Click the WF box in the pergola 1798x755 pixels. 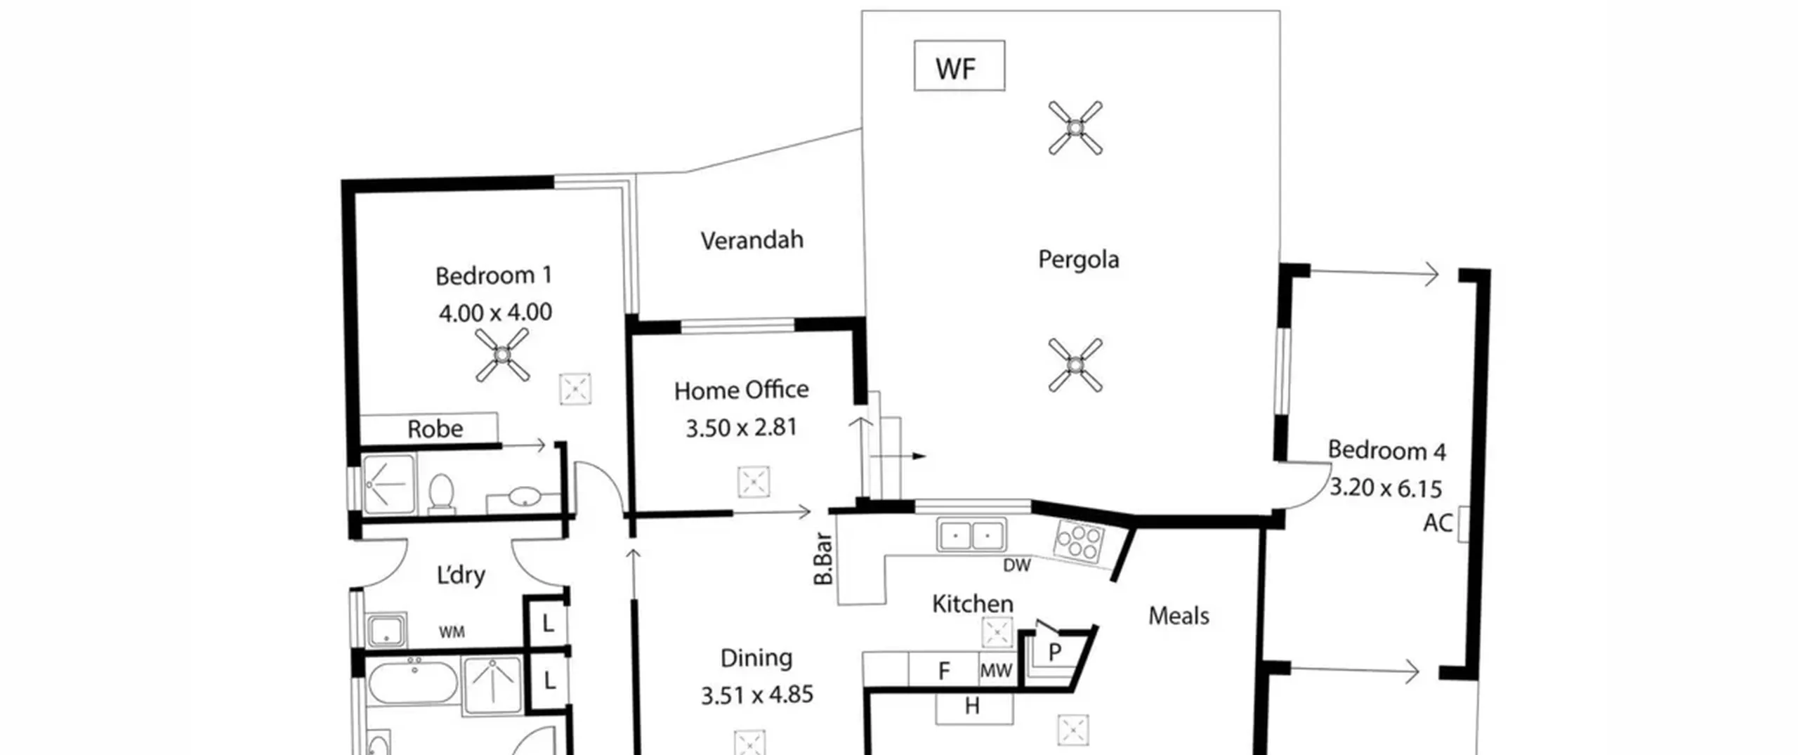point(959,65)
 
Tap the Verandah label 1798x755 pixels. point(752,240)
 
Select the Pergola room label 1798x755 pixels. point(1078,260)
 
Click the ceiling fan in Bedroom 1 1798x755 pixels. point(501,355)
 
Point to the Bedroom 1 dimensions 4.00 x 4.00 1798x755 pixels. point(495,312)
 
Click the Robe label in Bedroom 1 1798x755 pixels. point(435,428)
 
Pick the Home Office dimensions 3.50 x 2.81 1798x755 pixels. point(741,427)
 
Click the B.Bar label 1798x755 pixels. point(823,559)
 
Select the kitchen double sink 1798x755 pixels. point(971,535)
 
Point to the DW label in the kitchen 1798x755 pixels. point(1016,565)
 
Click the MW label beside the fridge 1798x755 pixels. point(996,671)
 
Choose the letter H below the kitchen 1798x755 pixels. point(972,706)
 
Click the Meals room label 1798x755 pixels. point(1179,616)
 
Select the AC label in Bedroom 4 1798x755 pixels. point(1438,523)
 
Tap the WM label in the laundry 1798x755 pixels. point(452,632)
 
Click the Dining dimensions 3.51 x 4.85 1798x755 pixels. point(757,695)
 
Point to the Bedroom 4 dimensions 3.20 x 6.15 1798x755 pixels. point(1386,487)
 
